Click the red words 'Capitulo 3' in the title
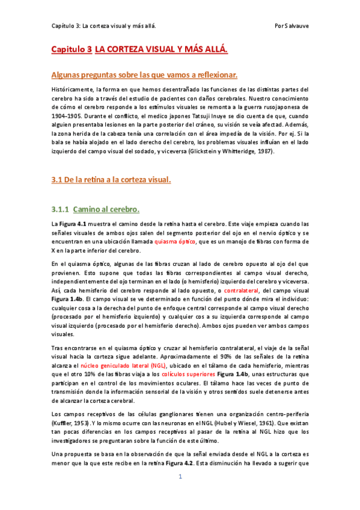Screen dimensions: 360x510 pyautogui.click(x=70, y=51)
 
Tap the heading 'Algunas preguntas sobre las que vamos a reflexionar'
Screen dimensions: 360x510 pyautogui.click(x=144, y=75)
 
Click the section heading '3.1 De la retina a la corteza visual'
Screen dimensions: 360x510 pyautogui.click(x=111, y=180)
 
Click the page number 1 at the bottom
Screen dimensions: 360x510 pyautogui.click(x=180, y=494)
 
